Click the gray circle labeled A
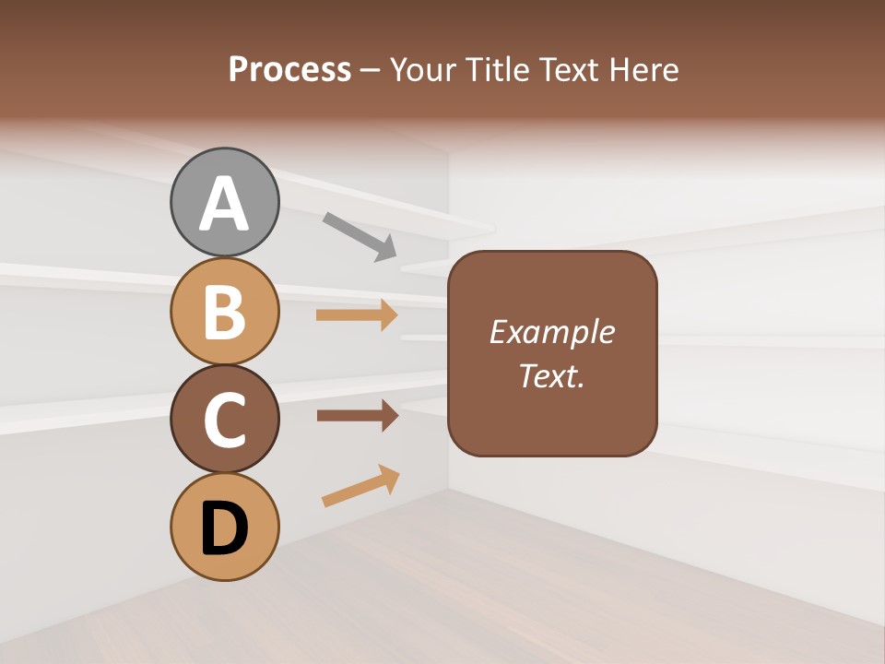[224, 202]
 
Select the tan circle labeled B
[224, 311]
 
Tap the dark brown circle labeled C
[224, 420]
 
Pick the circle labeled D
[224, 527]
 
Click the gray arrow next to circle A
[360, 236]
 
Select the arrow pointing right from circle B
[357, 315]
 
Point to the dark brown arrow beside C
[357, 415]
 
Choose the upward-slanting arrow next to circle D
[360, 486]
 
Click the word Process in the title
[289, 69]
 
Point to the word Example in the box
[551, 332]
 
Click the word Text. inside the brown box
[551, 375]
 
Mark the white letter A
[224, 204]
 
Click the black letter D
[224, 529]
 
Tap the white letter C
[224, 421]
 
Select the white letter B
[224, 312]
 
